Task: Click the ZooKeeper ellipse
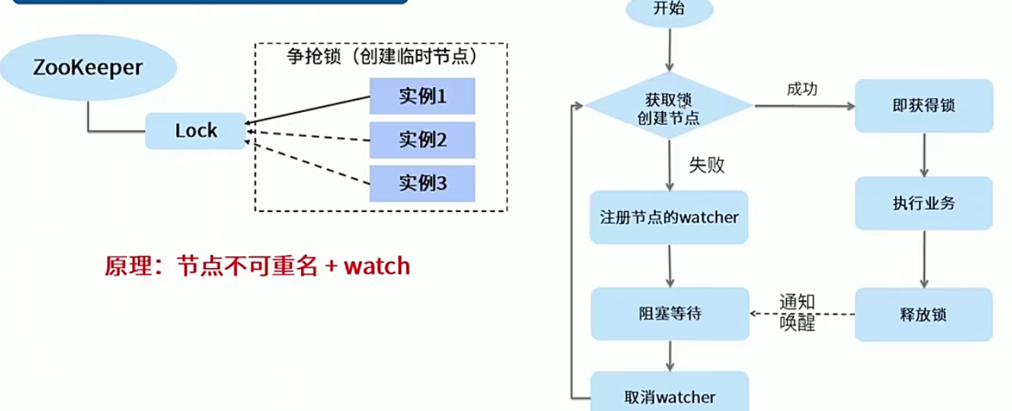tap(88, 68)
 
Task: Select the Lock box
tap(196, 131)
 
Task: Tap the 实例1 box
tap(422, 96)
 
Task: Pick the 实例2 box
tap(422, 140)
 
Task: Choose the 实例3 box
tap(422, 183)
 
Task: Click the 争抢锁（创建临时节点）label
tap(382, 56)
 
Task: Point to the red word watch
tap(377, 266)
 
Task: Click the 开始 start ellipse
tap(669, 9)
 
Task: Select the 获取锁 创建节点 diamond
tap(669, 108)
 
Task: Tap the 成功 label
tap(802, 89)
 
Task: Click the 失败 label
tap(706, 165)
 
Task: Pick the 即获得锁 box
tap(924, 106)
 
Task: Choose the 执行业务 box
tap(924, 204)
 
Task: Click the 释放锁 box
tap(924, 314)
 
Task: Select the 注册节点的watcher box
tap(669, 218)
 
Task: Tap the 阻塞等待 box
tap(670, 313)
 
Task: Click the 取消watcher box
tap(669, 396)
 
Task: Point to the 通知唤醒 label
tap(797, 312)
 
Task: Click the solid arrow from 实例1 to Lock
tap(307, 110)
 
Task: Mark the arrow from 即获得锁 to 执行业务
tap(924, 155)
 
